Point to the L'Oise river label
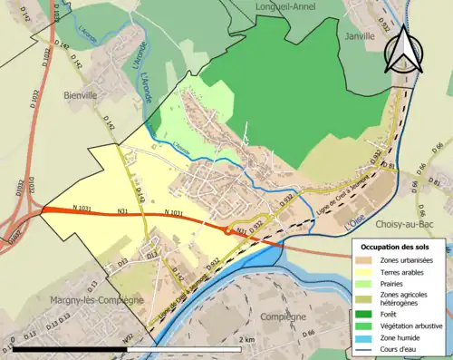(358, 221)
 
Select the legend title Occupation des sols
(400, 246)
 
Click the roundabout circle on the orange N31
(226, 230)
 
